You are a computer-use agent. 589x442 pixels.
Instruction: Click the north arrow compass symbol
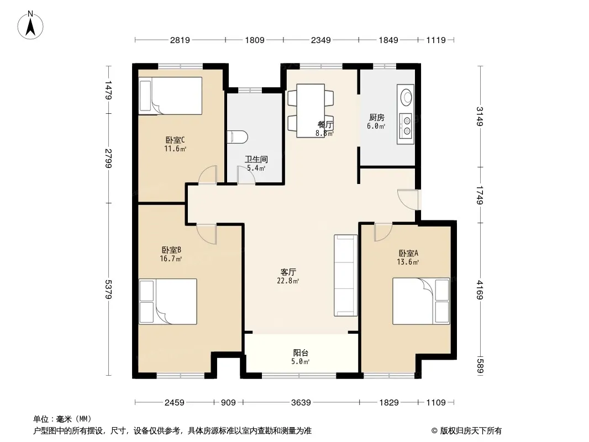tap(30, 25)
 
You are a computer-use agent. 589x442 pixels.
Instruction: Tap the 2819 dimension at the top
tap(180, 40)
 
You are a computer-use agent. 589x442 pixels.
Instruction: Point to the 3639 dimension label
tap(301, 403)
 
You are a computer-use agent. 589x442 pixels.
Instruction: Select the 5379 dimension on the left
tap(108, 289)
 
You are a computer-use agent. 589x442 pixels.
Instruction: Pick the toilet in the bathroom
tap(238, 136)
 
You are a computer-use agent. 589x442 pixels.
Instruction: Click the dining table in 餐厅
tap(311, 110)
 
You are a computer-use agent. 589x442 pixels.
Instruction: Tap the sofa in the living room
tap(345, 276)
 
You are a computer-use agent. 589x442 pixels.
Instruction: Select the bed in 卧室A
tap(421, 301)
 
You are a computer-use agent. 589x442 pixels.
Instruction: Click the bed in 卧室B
tap(168, 301)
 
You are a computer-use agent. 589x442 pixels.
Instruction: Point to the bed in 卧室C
tap(170, 96)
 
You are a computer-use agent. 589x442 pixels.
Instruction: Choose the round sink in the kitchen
tap(406, 96)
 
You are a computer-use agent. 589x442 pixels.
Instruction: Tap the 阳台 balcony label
tap(301, 352)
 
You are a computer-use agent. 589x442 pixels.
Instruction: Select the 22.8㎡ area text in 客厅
tap(288, 281)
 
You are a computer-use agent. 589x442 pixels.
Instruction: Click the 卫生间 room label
tap(256, 159)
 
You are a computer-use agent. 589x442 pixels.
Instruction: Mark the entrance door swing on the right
tap(408, 199)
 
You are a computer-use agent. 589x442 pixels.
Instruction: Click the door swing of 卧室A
tap(383, 232)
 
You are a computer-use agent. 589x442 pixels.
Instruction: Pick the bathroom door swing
tap(246, 175)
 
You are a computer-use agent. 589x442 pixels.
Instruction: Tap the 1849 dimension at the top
tap(388, 40)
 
